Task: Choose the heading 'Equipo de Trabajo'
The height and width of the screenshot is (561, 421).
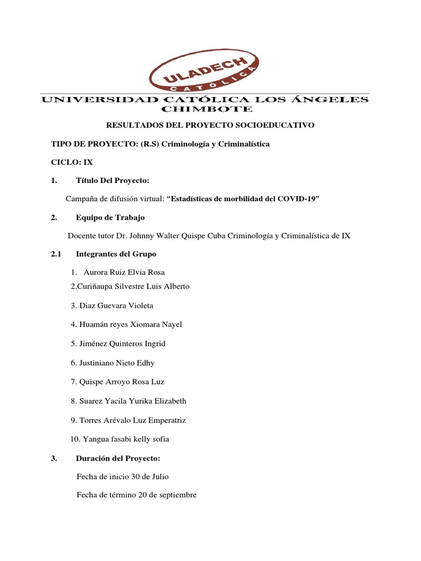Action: tap(110, 217)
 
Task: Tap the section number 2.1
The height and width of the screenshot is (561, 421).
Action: tap(58, 254)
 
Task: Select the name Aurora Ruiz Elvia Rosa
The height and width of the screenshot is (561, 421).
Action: tap(124, 272)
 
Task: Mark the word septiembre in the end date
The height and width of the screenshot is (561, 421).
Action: tap(176, 495)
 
